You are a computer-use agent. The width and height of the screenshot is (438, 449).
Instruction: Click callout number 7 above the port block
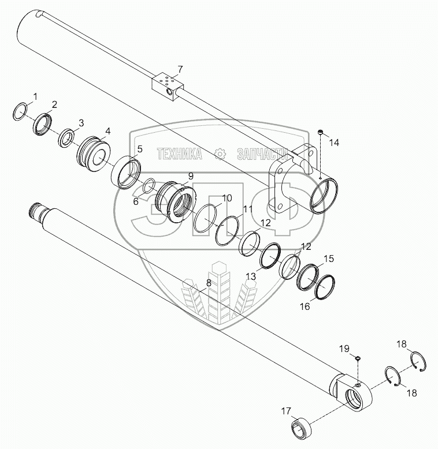[180, 70]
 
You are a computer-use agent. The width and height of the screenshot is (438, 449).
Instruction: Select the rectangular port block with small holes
[168, 88]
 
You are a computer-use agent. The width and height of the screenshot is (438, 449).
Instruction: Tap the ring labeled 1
[21, 112]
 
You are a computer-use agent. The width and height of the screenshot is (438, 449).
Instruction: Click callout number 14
[334, 143]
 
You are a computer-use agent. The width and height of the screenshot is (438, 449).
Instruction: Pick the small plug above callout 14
[321, 132]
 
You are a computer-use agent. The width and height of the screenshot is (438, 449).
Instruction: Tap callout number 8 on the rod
[209, 283]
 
